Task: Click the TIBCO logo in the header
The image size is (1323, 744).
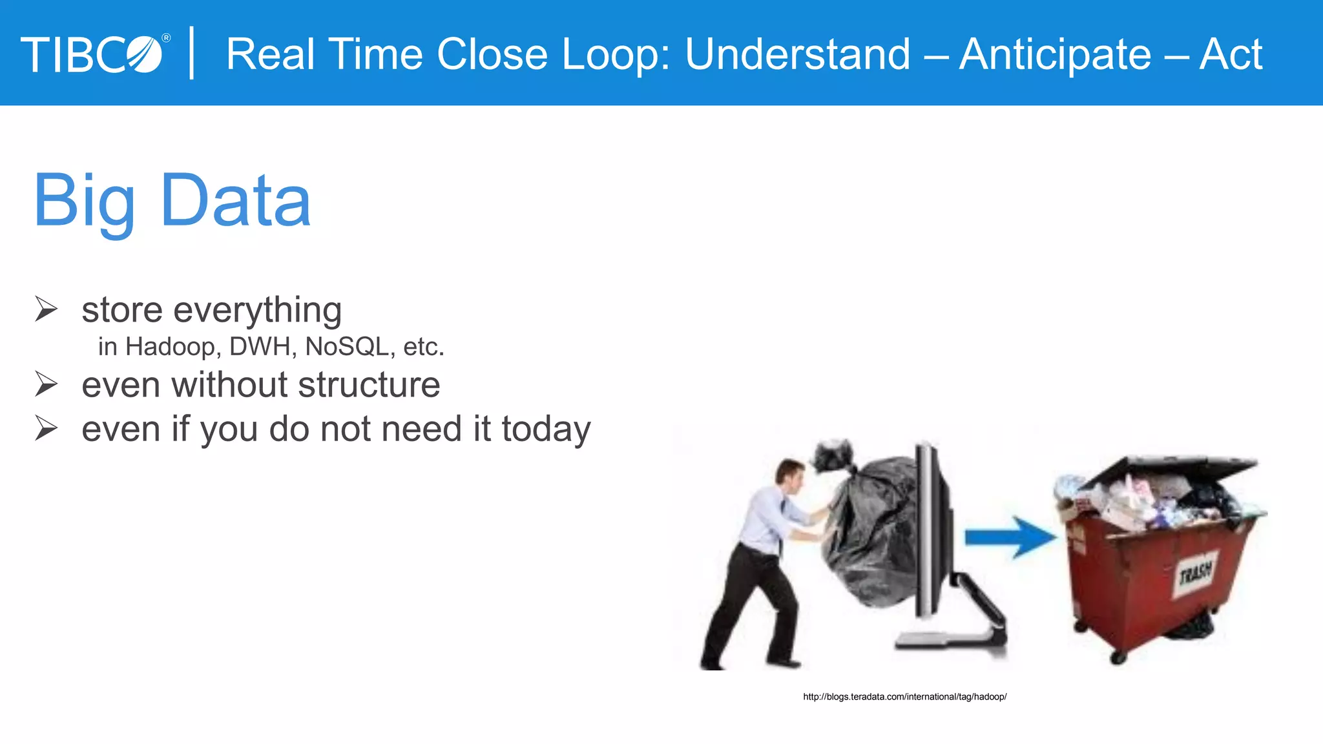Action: (x=94, y=54)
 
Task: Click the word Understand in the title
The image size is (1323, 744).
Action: (x=798, y=54)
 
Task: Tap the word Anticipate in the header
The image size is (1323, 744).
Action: (x=1055, y=54)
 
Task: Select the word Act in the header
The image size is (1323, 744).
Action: (x=1231, y=54)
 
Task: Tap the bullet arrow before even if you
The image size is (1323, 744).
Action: (x=47, y=428)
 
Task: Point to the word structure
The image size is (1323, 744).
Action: (x=369, y=385)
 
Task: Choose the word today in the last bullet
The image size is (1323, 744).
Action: (x=546, y=429)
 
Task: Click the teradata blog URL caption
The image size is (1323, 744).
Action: (x=904, y=697)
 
